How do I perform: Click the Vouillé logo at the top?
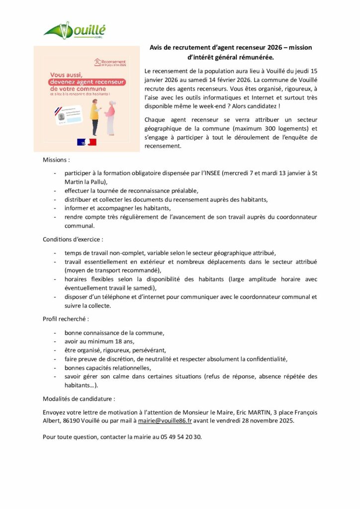[75, 31]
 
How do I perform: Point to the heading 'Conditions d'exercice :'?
[73, 239]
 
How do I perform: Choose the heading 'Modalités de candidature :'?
[79, 399]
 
